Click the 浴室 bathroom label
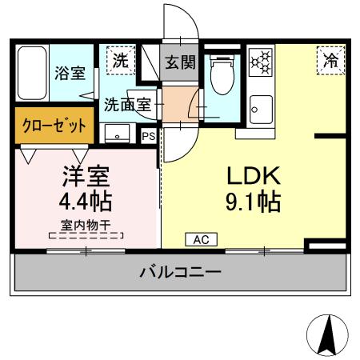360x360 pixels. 70,74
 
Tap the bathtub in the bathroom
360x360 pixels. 32,74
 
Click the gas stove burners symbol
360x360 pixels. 261,63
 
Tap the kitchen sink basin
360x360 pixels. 260,106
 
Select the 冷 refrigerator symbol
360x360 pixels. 330,59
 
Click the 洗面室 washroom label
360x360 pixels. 127,103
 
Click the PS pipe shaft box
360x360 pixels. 148,136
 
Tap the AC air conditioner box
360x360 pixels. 200,238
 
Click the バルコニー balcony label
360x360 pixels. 180,274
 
